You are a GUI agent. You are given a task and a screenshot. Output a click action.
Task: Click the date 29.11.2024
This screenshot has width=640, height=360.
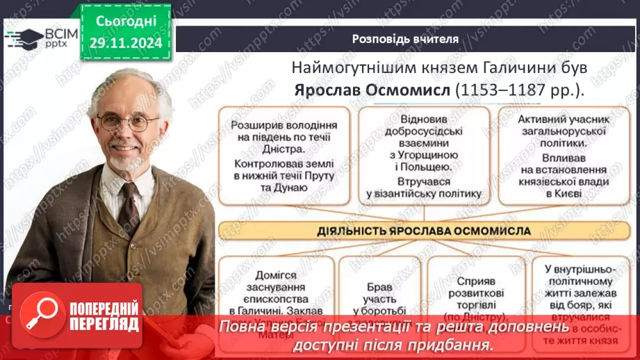point(126,43)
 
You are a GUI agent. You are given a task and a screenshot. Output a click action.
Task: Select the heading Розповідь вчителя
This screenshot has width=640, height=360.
point(405,39)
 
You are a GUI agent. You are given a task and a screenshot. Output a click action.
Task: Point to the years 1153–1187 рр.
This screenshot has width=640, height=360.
point(515,90)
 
